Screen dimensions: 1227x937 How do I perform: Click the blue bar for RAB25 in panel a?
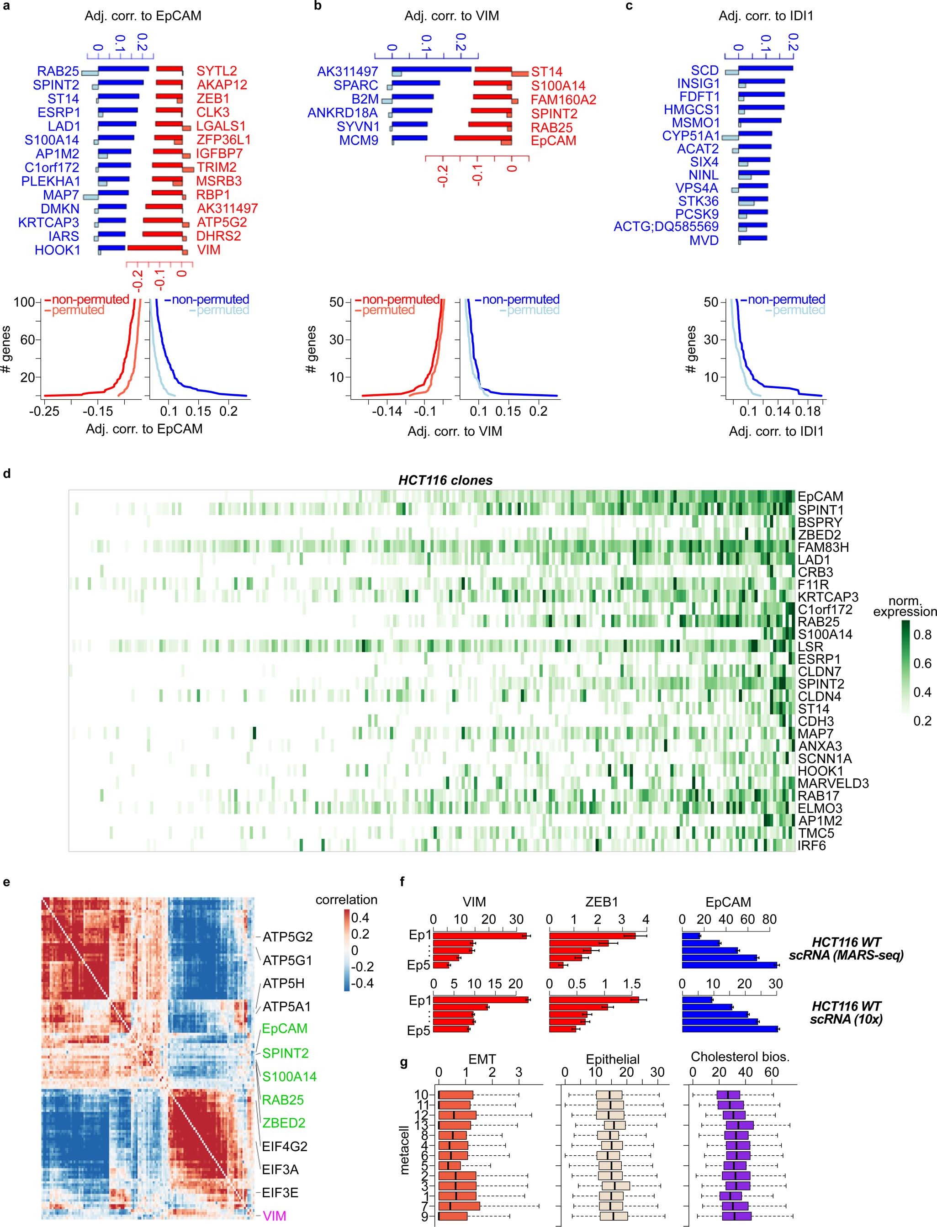coord(124,69)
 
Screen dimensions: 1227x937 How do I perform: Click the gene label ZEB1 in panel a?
coord(212,99)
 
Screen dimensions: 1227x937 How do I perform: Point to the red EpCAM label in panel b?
coord(553,141)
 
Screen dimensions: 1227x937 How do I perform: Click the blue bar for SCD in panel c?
coord(765,69)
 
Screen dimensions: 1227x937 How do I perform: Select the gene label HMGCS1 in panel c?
coord(692,110)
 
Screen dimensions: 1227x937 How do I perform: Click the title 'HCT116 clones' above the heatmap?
coord(445,480)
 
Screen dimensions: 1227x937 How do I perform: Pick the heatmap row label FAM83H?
coord(823,547)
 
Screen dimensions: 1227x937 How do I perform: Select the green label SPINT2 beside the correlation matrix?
coord(285,1053)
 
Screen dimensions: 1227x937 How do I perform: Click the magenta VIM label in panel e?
coord(275,1215)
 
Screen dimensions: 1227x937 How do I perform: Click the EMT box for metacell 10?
coord(455,1095)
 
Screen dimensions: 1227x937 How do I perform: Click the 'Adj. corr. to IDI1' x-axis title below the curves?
coord(776,431)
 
